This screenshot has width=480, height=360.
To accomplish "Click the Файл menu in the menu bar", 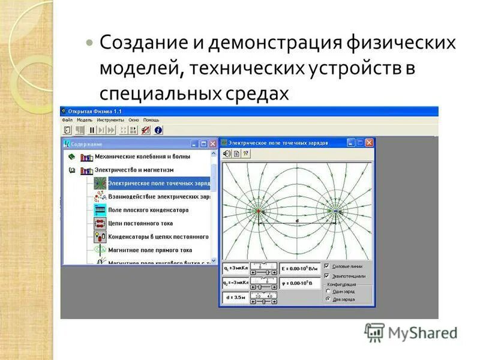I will [67, 120].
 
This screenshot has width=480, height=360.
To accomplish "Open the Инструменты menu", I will [110, 120].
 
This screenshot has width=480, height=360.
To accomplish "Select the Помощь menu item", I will [151, 120].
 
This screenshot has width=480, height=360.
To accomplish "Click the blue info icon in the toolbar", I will [158, 130].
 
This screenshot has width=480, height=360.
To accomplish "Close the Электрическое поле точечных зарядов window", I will [369, 143].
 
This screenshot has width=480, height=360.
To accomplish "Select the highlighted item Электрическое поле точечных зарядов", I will [158, 182].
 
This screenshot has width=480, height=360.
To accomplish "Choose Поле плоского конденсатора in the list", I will [148, 210].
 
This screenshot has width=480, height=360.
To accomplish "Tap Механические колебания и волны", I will [142, 157].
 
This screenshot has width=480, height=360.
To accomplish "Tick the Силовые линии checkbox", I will [327, 266].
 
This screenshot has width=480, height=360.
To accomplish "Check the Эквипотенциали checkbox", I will [327, 275].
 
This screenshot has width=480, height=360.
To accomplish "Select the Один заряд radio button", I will [328, 292].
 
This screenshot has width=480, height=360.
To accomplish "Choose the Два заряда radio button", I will [328, 298].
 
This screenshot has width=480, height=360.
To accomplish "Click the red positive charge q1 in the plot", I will [259, 212].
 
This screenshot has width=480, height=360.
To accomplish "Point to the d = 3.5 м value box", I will [234, 297].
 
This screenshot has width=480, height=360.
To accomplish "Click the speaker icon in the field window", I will [227, 154].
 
